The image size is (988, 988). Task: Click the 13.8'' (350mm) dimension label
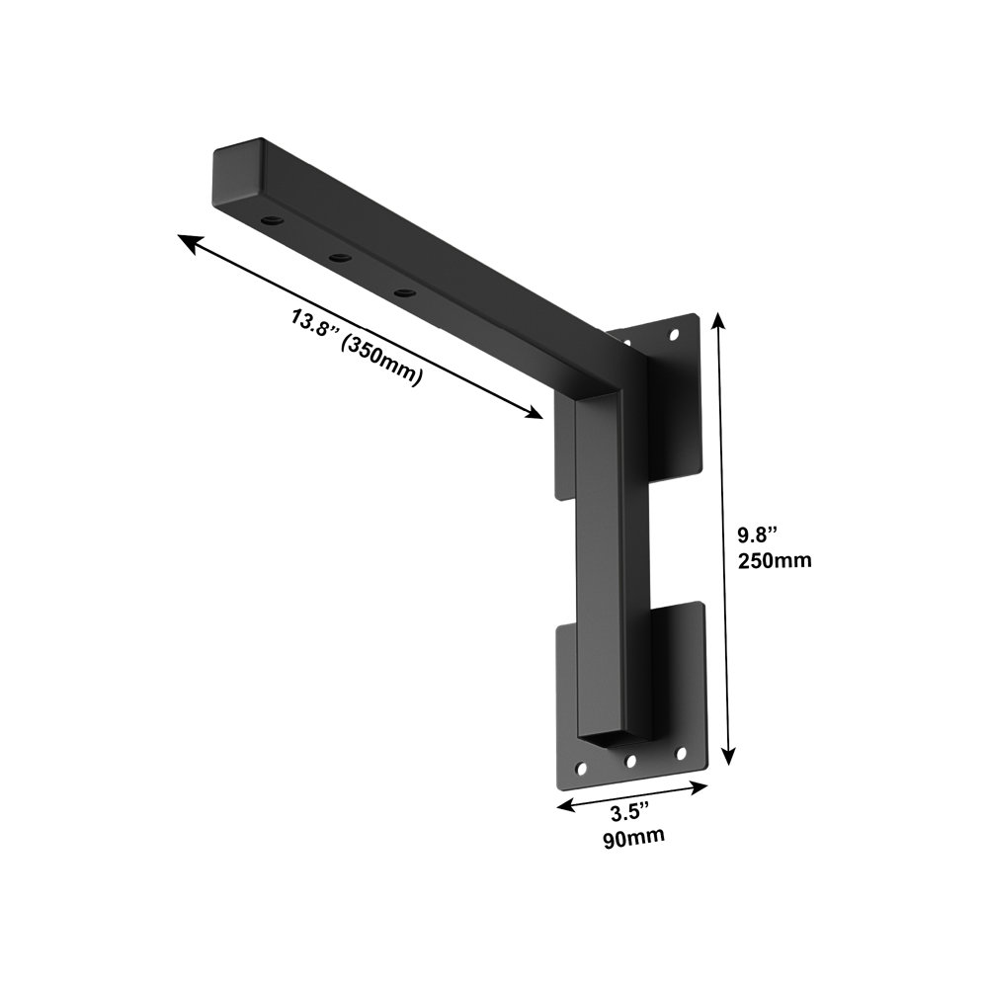pos(357,349)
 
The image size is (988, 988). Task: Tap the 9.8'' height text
pos(759,535)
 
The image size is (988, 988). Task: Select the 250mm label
pos(775,560)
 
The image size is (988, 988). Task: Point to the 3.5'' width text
pos(629,812)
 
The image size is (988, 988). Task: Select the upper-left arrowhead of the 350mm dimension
pos(185,239)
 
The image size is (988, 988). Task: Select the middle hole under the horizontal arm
pos(340,257)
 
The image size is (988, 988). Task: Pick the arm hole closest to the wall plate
pos(403,292)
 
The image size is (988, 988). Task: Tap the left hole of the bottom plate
pos(580,768)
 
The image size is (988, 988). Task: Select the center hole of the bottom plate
pos(630,761)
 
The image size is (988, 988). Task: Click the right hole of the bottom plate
pos(680,753)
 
